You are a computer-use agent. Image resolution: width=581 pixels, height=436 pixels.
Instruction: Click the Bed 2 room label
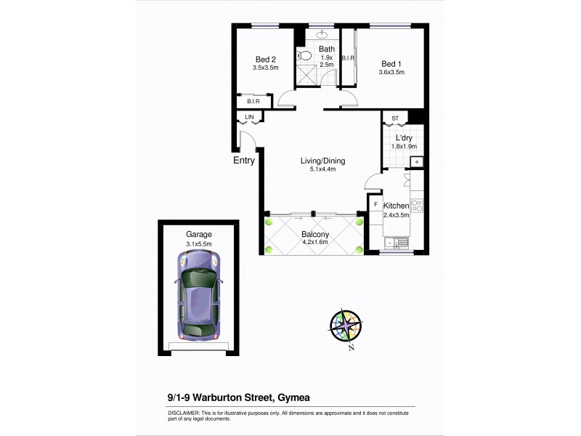click(x=265, y=60)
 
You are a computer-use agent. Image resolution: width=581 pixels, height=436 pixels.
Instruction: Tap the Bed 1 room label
click(x=391, y=62)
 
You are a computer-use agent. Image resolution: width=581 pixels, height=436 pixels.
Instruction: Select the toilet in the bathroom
click(x=306, y=55)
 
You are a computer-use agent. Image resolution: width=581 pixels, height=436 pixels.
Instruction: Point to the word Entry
click(x=244, y=161)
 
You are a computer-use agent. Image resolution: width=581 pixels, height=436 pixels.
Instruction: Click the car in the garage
click(x=196, y=298)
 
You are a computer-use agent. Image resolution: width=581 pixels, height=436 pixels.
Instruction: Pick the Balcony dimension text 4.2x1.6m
click(x=315, y=243)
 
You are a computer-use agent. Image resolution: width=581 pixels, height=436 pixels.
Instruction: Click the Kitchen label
click(x=397, y=206)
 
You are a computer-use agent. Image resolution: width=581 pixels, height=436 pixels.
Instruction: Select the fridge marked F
click(x=375, y=205)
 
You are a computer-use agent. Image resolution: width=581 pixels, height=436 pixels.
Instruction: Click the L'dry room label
click(x=405, y=137)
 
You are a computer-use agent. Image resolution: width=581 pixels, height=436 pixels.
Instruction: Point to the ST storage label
click(x=396, y=118)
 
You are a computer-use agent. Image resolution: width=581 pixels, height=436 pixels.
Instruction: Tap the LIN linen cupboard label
click(x=249, y=116)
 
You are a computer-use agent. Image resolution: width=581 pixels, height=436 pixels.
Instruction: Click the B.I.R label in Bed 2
click(x=253, y=102)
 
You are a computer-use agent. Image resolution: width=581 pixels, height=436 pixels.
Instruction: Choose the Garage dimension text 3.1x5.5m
click(x=198, y=243)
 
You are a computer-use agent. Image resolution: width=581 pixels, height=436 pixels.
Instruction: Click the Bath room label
click(x=326, y=49)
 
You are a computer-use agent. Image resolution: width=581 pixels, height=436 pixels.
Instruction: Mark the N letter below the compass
click(x=351, y=349)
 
